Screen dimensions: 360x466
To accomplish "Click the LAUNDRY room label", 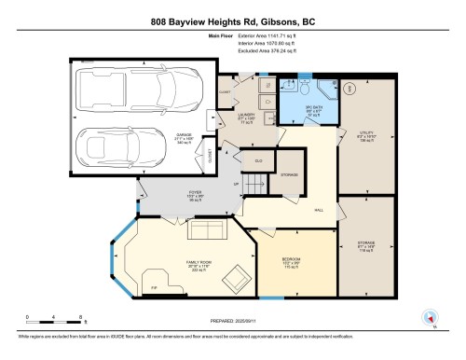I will click(245, 118).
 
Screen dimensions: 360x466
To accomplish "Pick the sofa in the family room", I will click(208, 229).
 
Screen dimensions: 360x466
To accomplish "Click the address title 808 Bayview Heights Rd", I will click(232, 20).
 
